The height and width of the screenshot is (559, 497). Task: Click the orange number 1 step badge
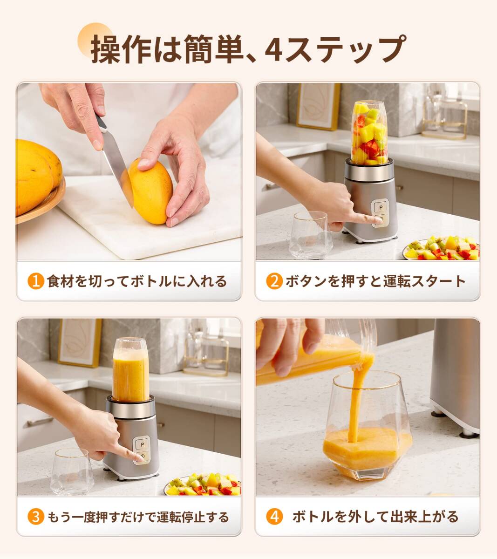click(36, 281)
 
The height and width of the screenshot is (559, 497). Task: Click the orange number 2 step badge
click(274, 281)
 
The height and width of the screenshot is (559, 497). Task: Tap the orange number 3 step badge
click(36, 517)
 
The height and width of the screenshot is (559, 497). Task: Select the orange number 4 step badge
click(274, 516)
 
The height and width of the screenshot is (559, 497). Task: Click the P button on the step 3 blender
click(143, 444)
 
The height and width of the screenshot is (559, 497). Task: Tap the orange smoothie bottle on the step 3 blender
click(131, 370)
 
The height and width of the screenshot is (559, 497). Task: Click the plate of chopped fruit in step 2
click(441, 249)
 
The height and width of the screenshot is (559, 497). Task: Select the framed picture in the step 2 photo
click(319, 107)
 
